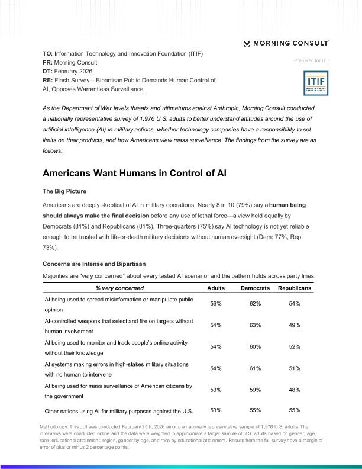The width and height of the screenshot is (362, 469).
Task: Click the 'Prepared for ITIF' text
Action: point(311,60)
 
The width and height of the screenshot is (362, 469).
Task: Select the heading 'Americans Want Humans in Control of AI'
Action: point(135,174)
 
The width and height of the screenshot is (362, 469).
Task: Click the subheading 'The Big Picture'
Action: point(65,192)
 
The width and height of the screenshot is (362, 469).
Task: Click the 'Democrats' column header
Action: point(255,288)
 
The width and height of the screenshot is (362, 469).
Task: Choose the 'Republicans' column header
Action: point(294,288)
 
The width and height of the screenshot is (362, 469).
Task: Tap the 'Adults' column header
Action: point(215,288)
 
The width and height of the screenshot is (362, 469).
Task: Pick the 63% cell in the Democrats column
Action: point(255,325)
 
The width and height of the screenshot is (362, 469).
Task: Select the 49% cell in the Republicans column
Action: point(294,325)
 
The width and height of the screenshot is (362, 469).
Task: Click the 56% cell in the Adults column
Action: point(216,304)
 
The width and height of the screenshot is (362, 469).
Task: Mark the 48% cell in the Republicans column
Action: point(294,390)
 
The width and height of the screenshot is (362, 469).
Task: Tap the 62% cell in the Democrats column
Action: point(255,304)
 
